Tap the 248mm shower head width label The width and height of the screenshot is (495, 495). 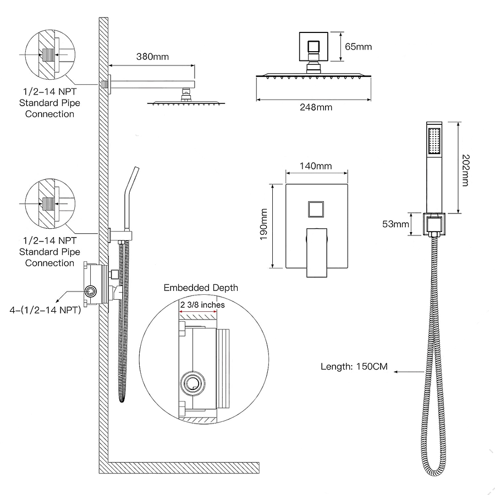pos(316,107)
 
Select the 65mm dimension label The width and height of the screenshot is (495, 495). pos(358,46)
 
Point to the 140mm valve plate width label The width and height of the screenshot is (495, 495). pos(315,166)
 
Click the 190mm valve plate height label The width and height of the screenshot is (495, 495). pos(264,226)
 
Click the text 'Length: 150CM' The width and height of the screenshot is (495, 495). pos(354,366)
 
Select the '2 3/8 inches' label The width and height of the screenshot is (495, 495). pos(202,304)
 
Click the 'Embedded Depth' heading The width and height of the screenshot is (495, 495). pos(201,288)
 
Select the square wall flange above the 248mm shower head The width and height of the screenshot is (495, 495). pos(313,46)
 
